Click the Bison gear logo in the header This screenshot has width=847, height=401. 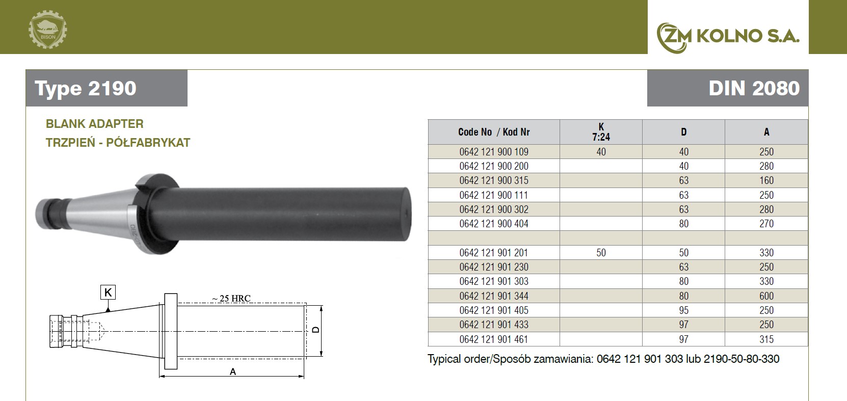tap(48, 30)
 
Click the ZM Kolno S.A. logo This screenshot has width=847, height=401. tap(728, 37)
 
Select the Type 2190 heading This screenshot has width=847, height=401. tap(86, 89)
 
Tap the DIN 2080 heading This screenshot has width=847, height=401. tap(754, 89)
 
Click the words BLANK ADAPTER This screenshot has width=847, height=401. tap(94, 124)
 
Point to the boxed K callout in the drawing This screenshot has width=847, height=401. tap(108, 292)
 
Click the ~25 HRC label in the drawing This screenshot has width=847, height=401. tap(231, 298)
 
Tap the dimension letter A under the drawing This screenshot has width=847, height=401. tap(233, 371)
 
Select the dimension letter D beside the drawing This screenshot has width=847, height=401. tap(316, 330)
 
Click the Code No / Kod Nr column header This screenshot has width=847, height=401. tap(494, 132)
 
